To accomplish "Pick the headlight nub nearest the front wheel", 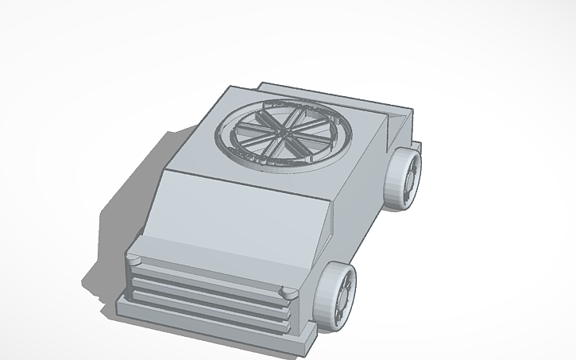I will [288, 294].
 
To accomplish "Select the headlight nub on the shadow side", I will [133, 259].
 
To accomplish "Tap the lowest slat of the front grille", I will [203, 307].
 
